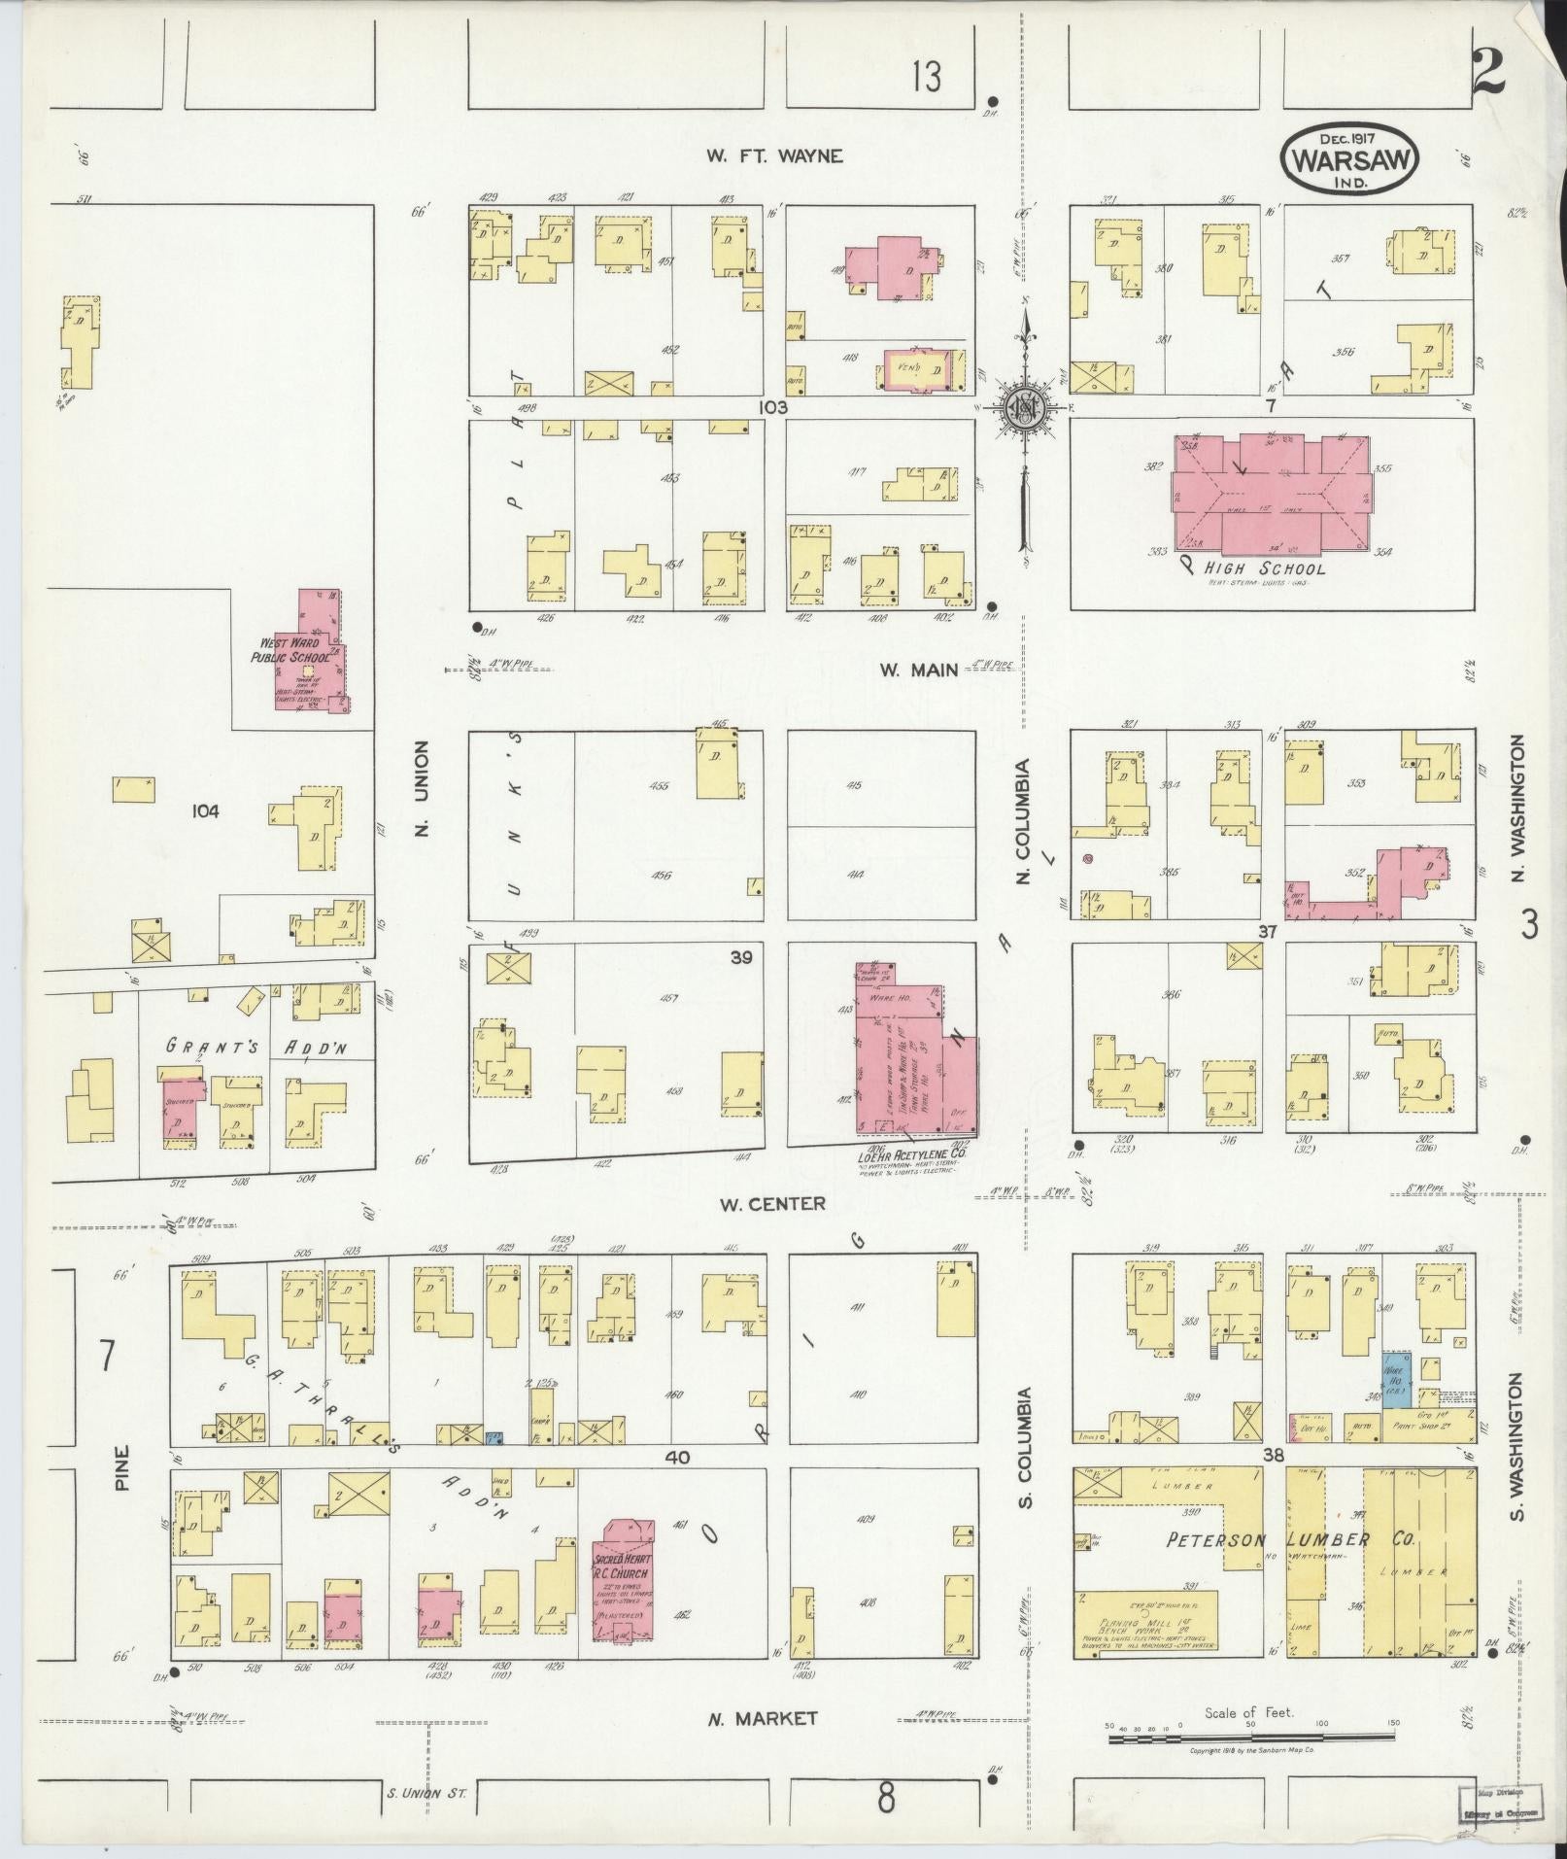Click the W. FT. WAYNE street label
pos(773,155)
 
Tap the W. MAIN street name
pos(918,670)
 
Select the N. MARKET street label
pos(762,1718)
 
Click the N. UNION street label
pos(421,788)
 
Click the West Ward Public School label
pos(290,650)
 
